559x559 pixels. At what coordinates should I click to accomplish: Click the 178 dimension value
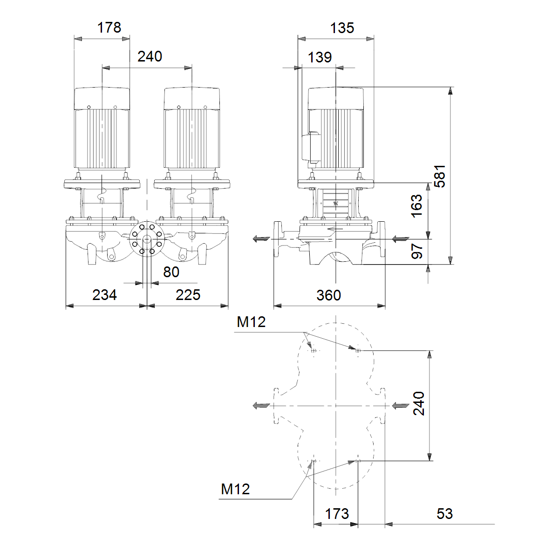pyautogui.click(x=109, y=28)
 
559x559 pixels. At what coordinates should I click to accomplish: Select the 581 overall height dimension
pyautogui.click(x=440, y=176)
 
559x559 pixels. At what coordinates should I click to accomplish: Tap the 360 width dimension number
pyautogui.click(x=329, y=295)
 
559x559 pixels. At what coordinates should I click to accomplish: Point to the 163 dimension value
pyautogui.click(x=416, y=206)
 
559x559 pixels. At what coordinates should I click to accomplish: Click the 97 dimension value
pyautogui.click(x=417, y=251)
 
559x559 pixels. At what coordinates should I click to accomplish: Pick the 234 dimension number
pyautogui.click(x=104, y=295)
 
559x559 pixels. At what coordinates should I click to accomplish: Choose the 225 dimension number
pyautogui.click(x=188, y=295)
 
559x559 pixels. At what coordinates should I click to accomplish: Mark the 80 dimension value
pyautogui.click(x=171, y=272)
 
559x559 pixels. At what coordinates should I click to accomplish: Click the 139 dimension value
pyautogui.click(x=320, y=57)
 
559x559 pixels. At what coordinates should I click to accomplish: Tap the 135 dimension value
pyautogui.click(x=342, y=28)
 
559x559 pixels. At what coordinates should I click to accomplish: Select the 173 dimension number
pyautogui.click(x=337, y=514)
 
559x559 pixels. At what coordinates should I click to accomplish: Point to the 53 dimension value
pyautogui.click(x=444, y=514)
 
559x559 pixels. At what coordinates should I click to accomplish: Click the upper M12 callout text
pyautogui.click(x=251, y=322)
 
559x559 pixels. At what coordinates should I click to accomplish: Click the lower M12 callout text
pyautogui.click(x=235, y=489)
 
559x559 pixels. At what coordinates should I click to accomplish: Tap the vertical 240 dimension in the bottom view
pyautogui.click(x=419, y=403)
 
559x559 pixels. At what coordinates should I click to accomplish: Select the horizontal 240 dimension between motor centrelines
pyautogui.click(x=150, y=56)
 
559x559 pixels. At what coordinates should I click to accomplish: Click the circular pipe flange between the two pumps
pyautogui.click(x=147, y=239)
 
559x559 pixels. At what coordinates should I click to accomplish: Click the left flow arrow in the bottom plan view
pyautogui.click(x=261, y=406)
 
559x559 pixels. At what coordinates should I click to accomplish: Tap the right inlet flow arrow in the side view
pyautogui.click(x=401, y=239)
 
